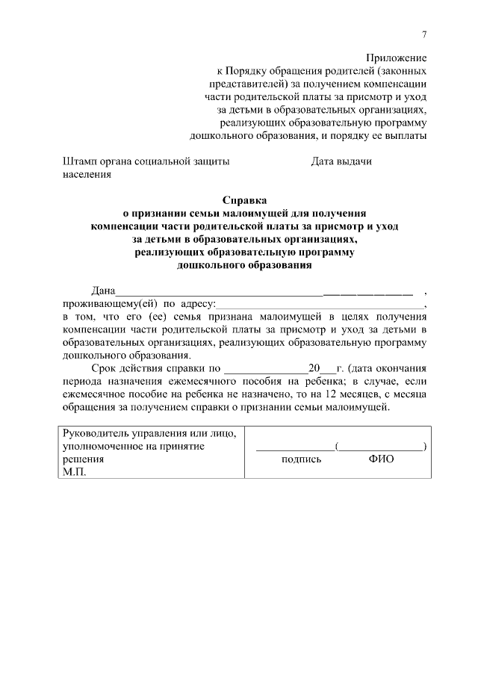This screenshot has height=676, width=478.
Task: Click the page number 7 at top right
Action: (x=424, y=34)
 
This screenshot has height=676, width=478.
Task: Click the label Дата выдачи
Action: (x=341, y=161)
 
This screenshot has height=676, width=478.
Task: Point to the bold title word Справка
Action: (x=244, y=200)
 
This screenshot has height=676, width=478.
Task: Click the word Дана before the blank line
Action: (x=104, y=291)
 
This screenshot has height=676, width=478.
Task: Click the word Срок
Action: (x=105, y=368)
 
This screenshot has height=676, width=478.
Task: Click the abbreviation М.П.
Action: (x=75, y=473)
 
